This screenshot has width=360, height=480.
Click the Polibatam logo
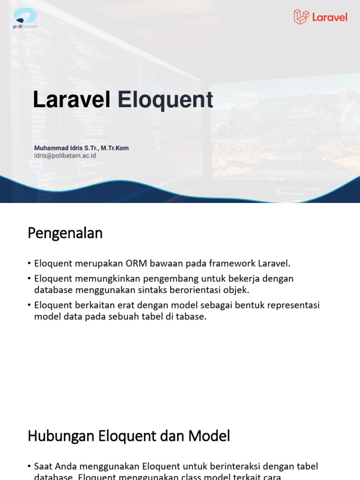25,18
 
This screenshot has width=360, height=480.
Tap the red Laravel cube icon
301,17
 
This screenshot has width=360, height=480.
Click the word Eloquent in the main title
165,100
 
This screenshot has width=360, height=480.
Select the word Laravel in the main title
72,100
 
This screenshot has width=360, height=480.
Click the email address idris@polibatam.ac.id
65,156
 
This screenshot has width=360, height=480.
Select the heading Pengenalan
65,233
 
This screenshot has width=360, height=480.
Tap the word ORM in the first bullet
136,263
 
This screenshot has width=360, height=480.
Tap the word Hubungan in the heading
61,436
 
